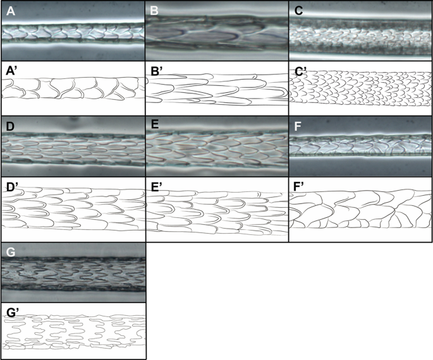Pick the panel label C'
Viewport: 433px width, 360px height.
coord(299,70)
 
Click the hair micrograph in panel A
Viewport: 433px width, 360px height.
coord(73,32)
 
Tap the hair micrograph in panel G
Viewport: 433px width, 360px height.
coord(73,275)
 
